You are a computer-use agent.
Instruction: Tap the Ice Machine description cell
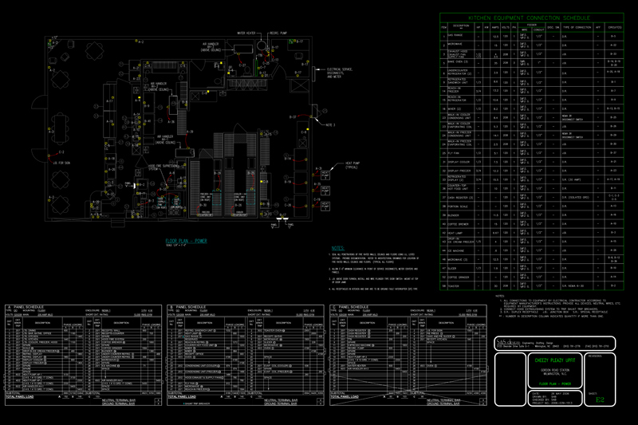click(x=462, y=250)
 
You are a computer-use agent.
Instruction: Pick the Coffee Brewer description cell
click(x=463, y=223)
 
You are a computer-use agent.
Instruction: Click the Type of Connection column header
click(x=577, y=27)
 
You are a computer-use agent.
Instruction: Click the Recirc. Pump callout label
click(x=279, y=33)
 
